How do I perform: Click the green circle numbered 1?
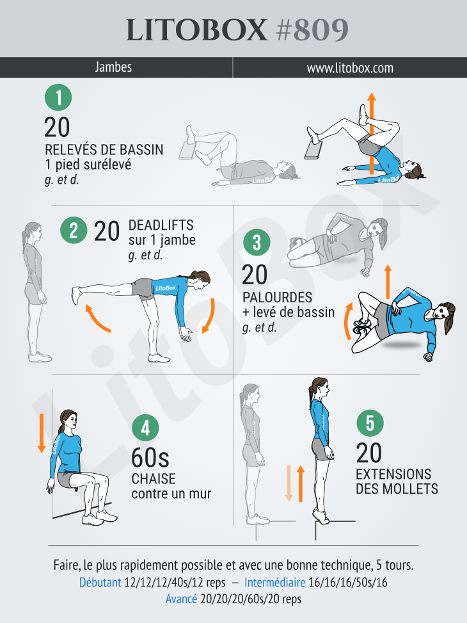(58, 98)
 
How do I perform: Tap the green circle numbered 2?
(74, 231)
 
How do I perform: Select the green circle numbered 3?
(257, 243)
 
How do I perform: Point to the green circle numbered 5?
(370, 423)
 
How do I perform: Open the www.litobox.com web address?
(350, 67)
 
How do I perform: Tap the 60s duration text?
(150, 458)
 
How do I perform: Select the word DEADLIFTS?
(161, 225)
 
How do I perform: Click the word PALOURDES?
(277, 298)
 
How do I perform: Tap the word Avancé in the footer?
(181, 599)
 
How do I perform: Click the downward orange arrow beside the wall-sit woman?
(41, 433)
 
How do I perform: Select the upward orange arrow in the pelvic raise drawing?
(370, 131)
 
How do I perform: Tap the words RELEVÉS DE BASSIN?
(104, 150)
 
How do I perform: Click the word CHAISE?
(154, 479)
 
